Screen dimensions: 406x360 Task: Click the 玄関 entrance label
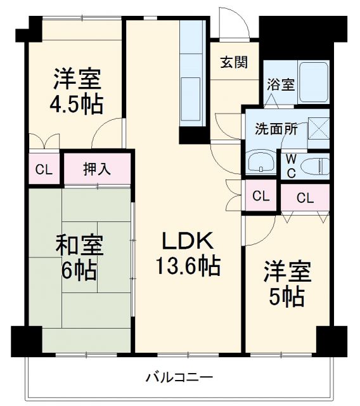234,62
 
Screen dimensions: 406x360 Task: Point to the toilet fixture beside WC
315,167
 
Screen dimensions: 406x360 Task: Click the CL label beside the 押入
43,169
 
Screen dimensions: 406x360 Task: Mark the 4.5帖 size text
77,103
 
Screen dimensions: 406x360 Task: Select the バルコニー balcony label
180,378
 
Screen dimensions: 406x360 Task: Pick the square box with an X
318,128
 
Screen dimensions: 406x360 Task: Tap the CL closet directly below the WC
305,197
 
